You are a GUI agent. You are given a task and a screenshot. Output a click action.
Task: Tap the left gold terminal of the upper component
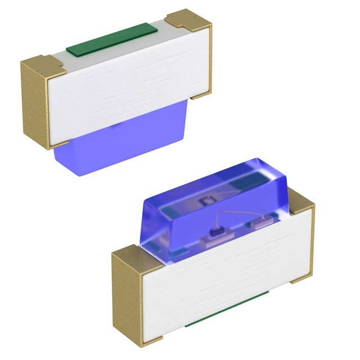[35, 104]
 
